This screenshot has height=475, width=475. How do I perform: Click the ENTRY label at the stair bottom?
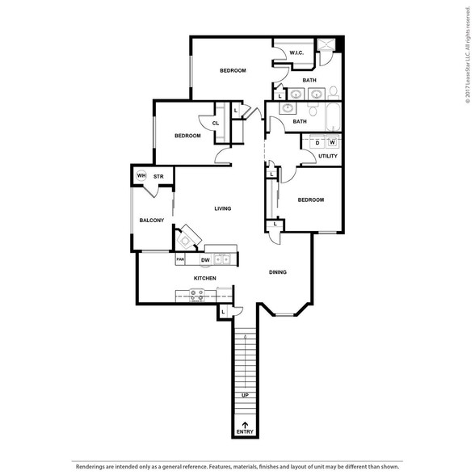(x=245, y=431)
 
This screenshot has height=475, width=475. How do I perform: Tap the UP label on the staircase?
(x=245, y=395)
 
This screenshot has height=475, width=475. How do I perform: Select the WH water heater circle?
(x=141, y=176)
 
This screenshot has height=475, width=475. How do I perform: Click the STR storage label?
(x=158, y=176)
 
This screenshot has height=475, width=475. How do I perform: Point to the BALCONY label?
(x=152, y=221)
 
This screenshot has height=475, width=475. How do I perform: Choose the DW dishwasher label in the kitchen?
(x=205, y=260)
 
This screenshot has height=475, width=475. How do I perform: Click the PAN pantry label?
(x=180, y=259)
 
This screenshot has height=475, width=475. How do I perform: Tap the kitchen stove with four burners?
(x=196, y=296)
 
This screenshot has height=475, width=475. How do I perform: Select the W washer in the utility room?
(x=333, y=142)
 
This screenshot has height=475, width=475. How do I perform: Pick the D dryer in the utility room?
(x=317, y=142)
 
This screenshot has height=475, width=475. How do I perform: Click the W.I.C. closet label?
(x=296, y=53)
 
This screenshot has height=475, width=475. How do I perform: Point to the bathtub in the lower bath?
(x=334, y=117)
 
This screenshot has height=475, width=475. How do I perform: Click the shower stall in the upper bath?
(x=326, y=44)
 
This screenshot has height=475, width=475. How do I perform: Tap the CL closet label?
(x=216, y=124)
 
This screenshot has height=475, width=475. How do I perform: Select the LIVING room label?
(x=223, y=208)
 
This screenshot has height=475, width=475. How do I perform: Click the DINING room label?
(x=278, y=272)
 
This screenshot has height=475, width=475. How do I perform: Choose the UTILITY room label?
(x=328, y=156)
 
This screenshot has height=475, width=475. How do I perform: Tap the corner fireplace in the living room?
(x=187, y=237)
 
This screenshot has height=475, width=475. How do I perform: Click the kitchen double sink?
(x=222, y=259)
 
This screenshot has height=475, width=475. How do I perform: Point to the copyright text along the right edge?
(x=468, y=55)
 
